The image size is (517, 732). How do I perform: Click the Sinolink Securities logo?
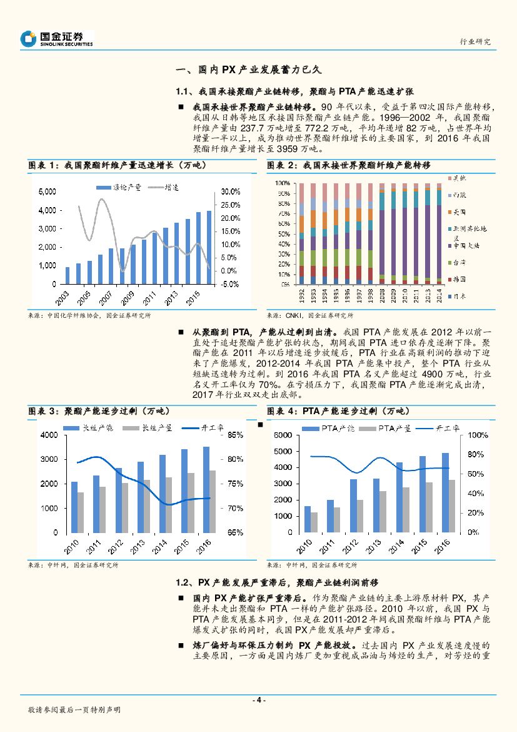(56, 39)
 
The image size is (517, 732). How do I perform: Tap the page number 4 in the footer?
(258, 700)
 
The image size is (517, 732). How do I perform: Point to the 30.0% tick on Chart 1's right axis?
(231, 191)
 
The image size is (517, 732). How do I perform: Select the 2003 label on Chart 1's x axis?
(63, 295)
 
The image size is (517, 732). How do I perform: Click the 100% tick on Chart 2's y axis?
(283, 183)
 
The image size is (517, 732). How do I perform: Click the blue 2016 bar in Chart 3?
(206, 489)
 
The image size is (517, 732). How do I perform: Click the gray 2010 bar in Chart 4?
(314, 522)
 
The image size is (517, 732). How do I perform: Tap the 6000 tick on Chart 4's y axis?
(284, 435)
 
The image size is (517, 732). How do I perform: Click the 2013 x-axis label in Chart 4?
(373, 548)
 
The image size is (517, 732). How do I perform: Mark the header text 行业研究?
(475, 41)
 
